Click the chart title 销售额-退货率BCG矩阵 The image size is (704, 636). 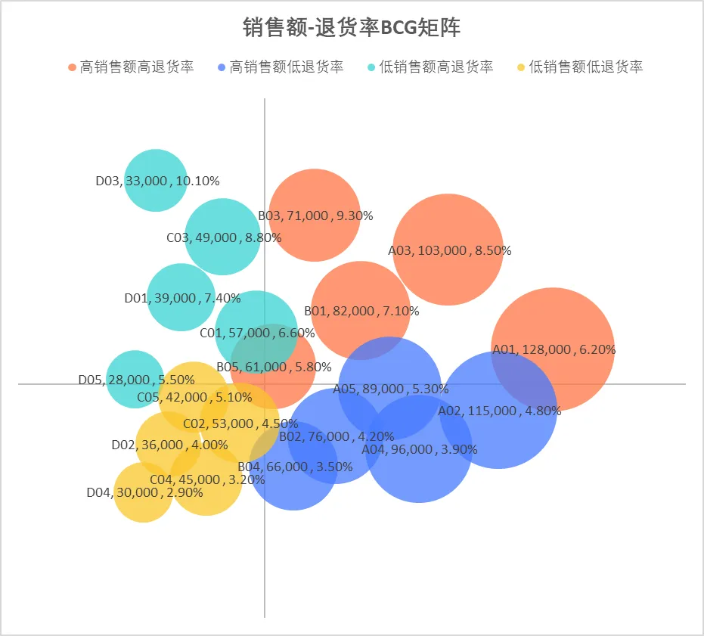click(x=352, y=28)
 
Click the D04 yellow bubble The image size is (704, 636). click(x=144, y=503)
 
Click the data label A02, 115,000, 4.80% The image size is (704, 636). click(x=499, y=411)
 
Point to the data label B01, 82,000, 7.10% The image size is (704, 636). click(x=361, y=311)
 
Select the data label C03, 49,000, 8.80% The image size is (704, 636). click(x=224, y=237)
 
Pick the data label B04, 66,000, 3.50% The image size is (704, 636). click(x=284, y=467)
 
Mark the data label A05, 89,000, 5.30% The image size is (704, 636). click(x=390, y=389)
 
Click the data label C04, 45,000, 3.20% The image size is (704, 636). click(x=207, y=479)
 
